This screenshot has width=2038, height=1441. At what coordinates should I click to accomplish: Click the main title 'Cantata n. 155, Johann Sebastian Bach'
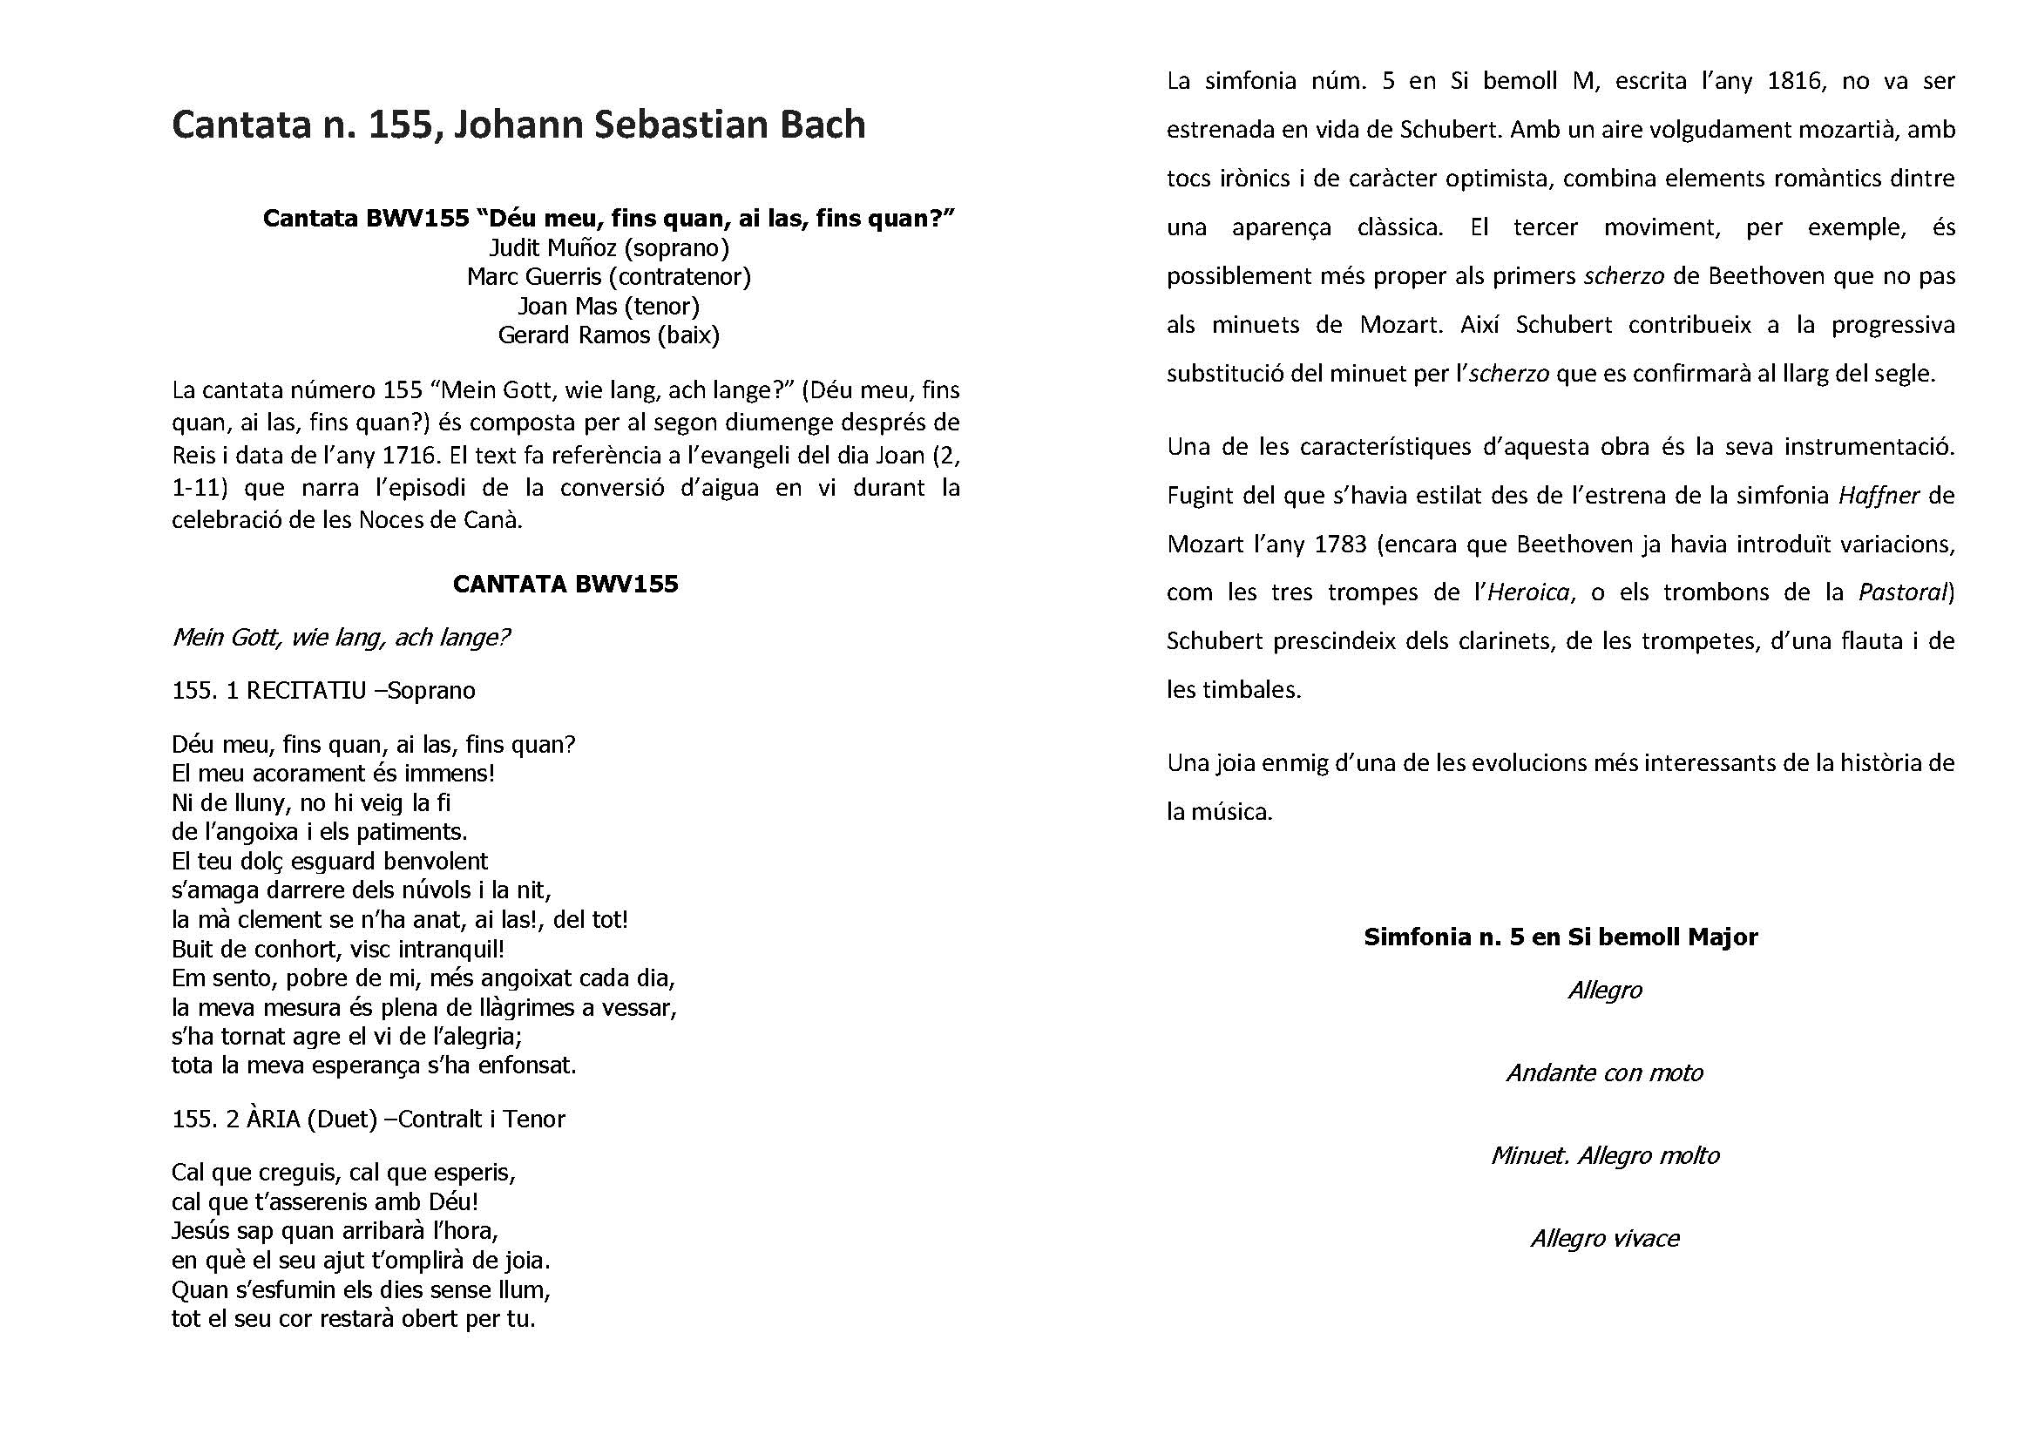518,125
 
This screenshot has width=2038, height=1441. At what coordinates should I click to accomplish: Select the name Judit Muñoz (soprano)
609,247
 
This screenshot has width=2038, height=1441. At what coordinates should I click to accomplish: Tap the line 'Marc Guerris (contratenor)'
609,277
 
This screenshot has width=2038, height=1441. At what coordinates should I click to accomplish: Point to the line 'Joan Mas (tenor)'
609,306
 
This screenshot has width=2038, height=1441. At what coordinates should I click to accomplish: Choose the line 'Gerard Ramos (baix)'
609,335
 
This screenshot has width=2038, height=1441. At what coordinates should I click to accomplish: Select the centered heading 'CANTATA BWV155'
565,584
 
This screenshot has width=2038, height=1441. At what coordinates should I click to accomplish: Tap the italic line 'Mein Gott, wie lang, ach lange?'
341,637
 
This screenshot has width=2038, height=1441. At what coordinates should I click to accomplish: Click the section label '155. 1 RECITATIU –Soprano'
323,690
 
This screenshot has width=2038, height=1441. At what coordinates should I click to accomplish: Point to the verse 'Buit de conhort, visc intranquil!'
338,949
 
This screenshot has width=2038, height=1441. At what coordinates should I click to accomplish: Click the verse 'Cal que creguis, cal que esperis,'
343,1172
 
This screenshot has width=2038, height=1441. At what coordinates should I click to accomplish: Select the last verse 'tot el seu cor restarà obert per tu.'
353,1318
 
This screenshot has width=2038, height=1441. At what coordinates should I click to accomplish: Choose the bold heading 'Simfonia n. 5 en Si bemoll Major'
1561,937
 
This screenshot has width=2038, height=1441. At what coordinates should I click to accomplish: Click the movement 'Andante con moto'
1605,1072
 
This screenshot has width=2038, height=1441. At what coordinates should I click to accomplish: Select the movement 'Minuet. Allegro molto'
1605,1155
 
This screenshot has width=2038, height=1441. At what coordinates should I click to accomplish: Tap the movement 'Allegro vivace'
1605,1238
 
